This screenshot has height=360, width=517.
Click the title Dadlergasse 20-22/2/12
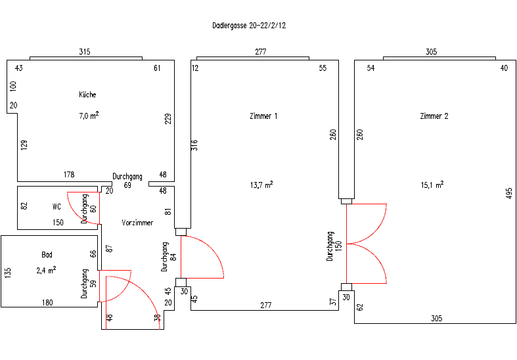249,26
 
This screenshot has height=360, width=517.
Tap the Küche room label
87,95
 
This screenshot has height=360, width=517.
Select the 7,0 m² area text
89,116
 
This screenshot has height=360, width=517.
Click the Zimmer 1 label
263,116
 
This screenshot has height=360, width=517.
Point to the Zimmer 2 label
434,116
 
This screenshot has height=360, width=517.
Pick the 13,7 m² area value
261,185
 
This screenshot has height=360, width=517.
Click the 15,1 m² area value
432,185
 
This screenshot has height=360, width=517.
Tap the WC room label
56,207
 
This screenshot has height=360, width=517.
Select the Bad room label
47,254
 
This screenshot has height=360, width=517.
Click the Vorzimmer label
137,223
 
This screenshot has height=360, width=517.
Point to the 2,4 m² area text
46,271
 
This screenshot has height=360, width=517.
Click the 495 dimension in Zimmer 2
508,193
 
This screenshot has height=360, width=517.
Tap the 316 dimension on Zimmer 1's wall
194,145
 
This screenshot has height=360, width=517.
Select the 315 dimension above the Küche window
85,52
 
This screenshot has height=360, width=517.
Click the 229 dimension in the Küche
168,119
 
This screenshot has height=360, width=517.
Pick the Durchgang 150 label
334,246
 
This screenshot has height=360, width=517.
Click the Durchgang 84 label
169,257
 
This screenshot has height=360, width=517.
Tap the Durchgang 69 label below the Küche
127,181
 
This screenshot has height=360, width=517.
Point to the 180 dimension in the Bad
47,303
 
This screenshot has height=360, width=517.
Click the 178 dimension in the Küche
69,174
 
